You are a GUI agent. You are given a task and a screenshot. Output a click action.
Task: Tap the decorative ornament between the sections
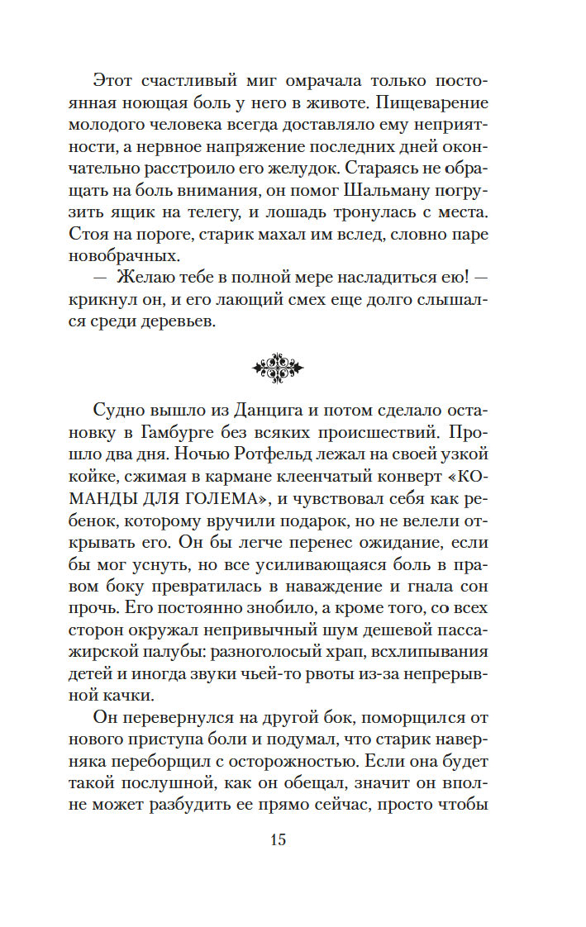[277, 367]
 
